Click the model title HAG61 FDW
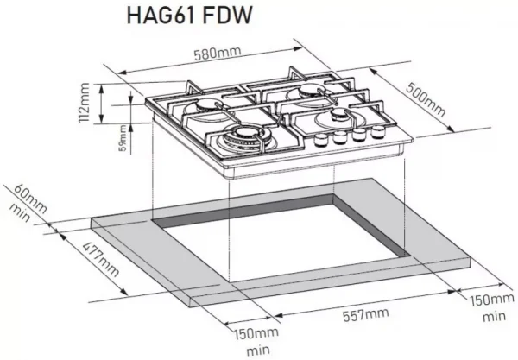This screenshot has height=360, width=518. point(190,15)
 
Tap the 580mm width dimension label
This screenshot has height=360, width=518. point(218,54)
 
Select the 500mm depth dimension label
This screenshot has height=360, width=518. point(426,99)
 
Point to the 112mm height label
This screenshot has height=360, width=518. point(84,103)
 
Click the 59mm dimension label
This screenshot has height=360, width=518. point(123,138)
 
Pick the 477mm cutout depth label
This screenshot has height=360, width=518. point(100,260)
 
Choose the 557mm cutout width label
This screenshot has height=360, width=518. point(365,314)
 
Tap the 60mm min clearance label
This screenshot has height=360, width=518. point(28,203)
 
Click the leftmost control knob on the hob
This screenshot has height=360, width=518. point(319,140)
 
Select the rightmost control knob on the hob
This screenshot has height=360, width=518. point(378,132)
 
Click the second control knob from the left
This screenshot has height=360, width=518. point(339,137)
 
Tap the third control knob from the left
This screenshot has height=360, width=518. point(359,135)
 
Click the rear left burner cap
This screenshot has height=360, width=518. point(206,105)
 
